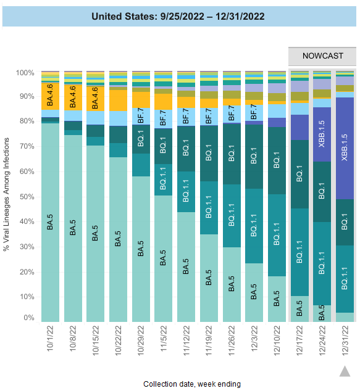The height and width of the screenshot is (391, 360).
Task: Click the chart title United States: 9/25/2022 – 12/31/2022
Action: click(178, 16)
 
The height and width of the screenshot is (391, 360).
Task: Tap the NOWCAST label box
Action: click(322, 56)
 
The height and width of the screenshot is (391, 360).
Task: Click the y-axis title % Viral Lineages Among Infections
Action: click(7, 196)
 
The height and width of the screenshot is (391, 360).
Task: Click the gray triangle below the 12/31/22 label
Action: click(345, 371)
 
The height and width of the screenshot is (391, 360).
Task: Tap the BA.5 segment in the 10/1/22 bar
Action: click(51, 222)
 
